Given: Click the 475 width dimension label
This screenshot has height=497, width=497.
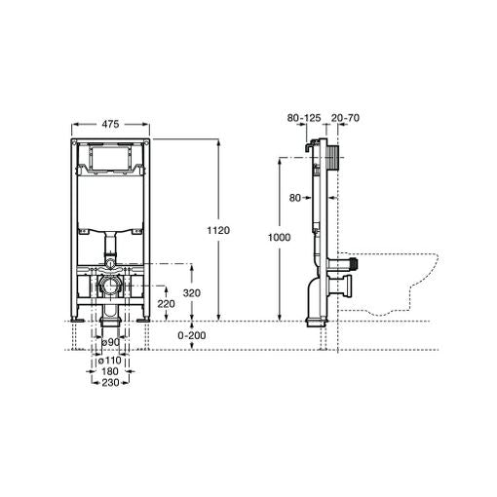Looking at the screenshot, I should tap(110, 123).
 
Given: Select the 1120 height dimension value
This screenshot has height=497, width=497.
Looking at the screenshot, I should tap(218, 230).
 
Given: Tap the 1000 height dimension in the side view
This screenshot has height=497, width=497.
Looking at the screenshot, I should tap(279, 238).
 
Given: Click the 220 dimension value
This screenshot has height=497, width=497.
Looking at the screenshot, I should tap(166, 303).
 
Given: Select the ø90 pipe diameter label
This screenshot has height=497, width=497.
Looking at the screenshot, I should tap(110, 342).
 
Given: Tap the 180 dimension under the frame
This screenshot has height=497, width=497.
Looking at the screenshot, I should tap(110, 370).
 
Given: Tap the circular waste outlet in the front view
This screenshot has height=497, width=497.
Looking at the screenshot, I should tap(110, 287).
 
